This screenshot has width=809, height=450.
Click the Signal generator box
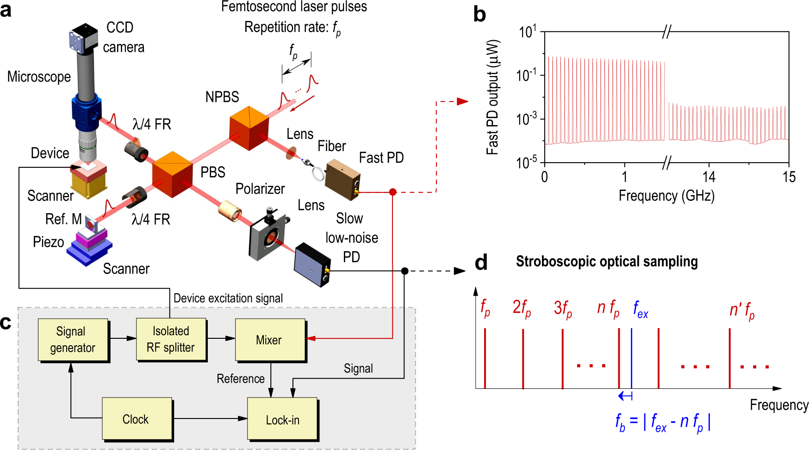(73, 340)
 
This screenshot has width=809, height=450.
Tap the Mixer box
(270, 340)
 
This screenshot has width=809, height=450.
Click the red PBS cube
(172, 174)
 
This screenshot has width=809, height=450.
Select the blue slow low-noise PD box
(312, 263)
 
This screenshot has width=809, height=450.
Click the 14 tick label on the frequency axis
(709, 177)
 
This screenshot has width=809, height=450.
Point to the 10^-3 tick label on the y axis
(527, 119)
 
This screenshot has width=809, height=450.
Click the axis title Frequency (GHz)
(666, 196)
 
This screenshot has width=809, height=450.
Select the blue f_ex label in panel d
(641, 309)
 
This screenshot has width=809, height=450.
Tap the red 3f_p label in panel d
(563, 309)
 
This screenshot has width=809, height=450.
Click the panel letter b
(479, 15)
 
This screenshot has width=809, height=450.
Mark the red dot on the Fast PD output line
(392, 192)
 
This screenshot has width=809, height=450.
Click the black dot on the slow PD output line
(404, 271)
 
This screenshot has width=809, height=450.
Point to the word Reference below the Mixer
(241, 379)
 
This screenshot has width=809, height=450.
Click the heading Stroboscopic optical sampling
(607, 262)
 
